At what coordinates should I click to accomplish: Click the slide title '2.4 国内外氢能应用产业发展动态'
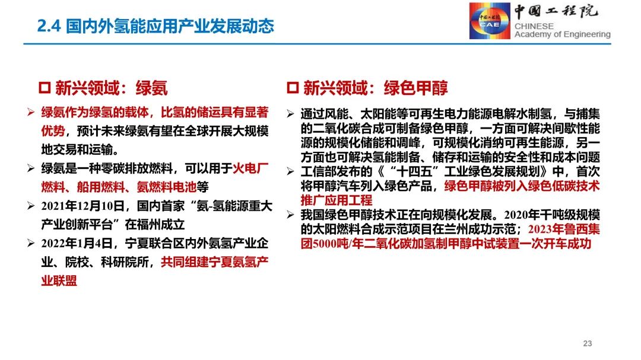pyautogui.click(x=156, y=26)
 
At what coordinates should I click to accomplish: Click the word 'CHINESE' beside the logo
pyautogui.click(x=534, y=26)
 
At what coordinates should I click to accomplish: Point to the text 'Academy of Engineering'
pyautogui.click(x=562, y=35)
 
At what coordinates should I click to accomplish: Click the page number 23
pyautogui.click(x=588, y=343)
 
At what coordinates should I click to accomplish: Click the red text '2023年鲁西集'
pyautogui.click(x=561, y=229)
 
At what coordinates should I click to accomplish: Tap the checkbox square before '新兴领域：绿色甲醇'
pyautogui.click(x=292, y=88)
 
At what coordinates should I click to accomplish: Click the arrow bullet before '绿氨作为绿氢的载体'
pyautogui.click(x=31, y=113)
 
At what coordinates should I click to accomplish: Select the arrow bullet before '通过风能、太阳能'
pyautogui.click(x=291, y=113)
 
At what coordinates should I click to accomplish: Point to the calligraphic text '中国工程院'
pyautogui.click(x=556, y=12)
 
